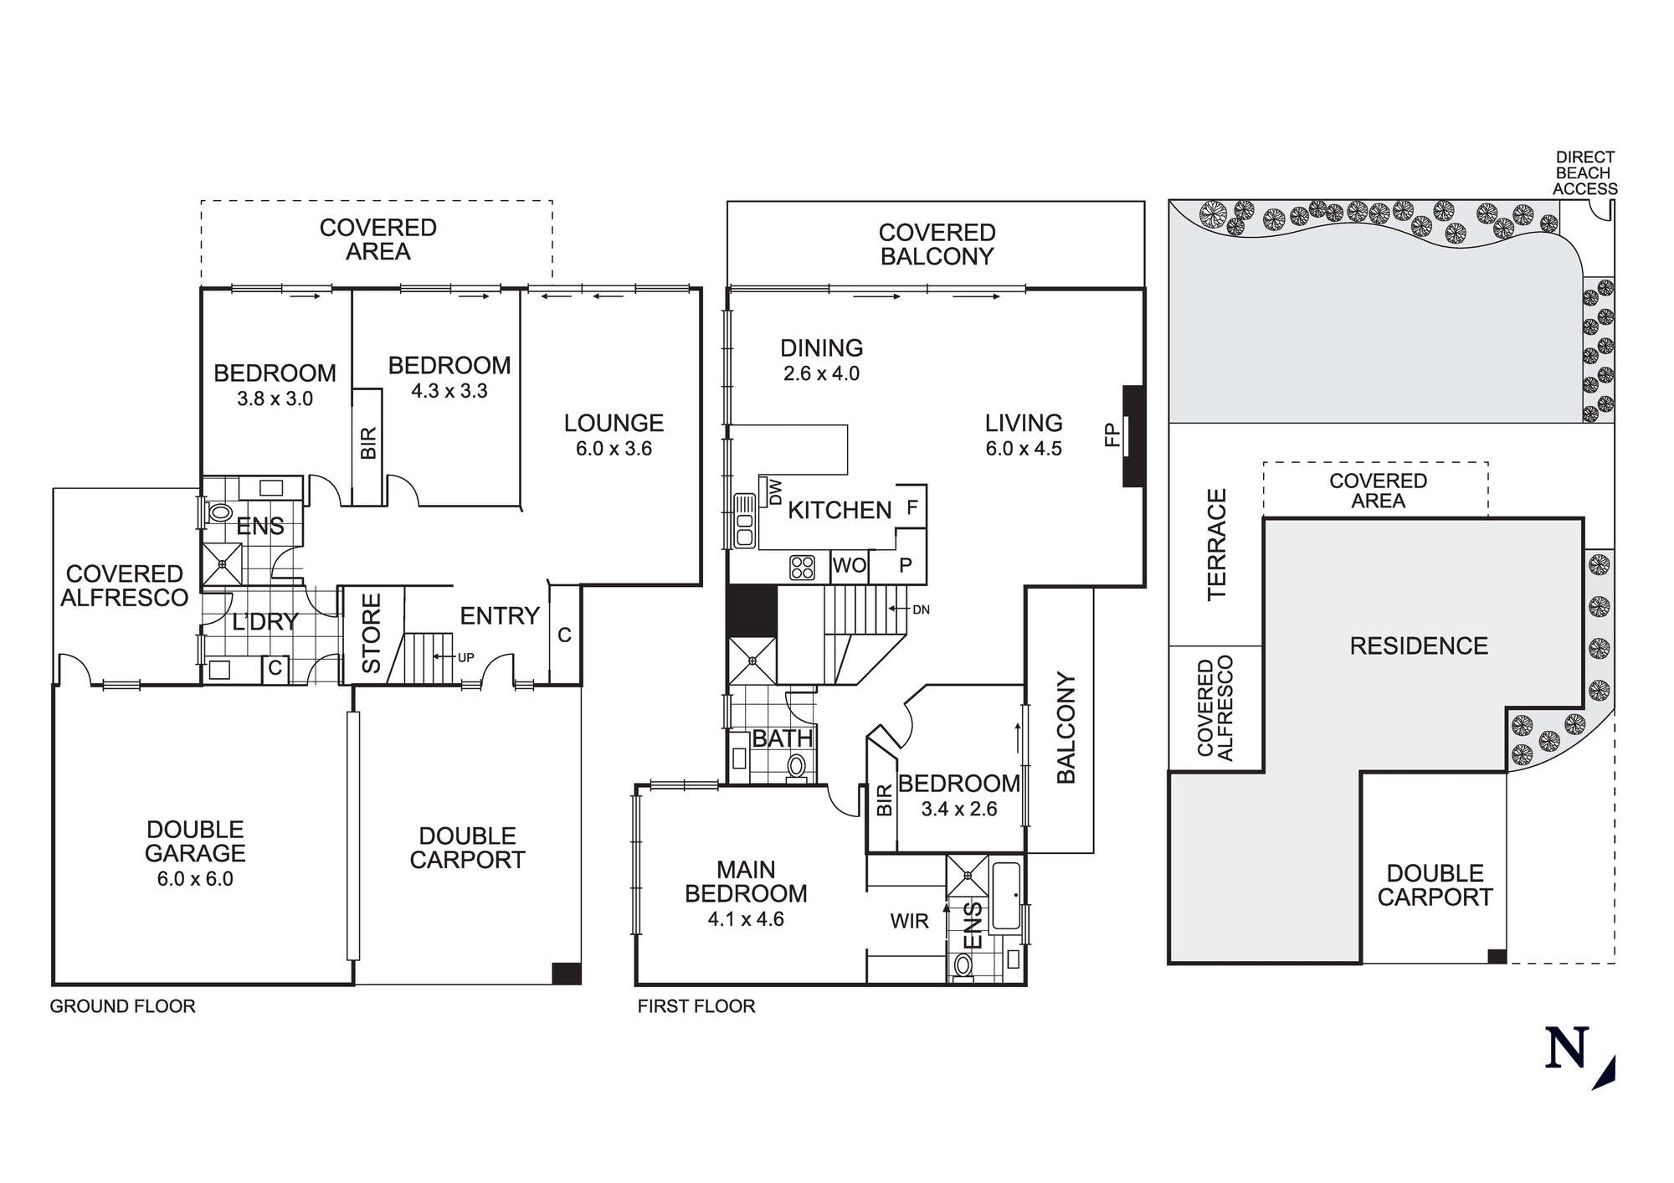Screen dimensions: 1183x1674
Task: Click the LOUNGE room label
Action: click(614, 423)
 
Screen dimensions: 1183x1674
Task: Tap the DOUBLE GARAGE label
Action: click(195, 841)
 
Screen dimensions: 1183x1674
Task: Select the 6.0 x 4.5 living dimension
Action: click(1024, 449)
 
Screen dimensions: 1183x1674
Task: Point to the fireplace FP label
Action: click(1112, 435)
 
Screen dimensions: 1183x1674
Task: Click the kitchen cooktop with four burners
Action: click(802, 567)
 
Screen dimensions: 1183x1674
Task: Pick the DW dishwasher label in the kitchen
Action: click(775, 491)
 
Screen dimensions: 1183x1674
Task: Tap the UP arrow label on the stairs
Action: click(465, 657)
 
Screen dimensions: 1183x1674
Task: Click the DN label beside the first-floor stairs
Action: click(921, 610)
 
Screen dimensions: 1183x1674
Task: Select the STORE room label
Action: click(371, 633)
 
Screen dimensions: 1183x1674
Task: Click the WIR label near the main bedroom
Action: click(909, 921)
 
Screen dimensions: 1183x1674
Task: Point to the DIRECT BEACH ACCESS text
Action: click(1584, 173)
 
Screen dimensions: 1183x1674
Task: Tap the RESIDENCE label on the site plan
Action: click(1419, 646)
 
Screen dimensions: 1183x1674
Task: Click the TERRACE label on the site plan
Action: click(1216, 544)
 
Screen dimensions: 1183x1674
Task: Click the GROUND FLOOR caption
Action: click(123, 1006)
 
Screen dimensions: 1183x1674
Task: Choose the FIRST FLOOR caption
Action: click(696, 1006)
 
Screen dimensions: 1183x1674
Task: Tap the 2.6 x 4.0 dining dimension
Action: click(821, 373)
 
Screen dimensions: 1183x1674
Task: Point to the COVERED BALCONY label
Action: click(937, 244)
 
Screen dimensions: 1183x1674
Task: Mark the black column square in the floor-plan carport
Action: click(567, 973)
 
